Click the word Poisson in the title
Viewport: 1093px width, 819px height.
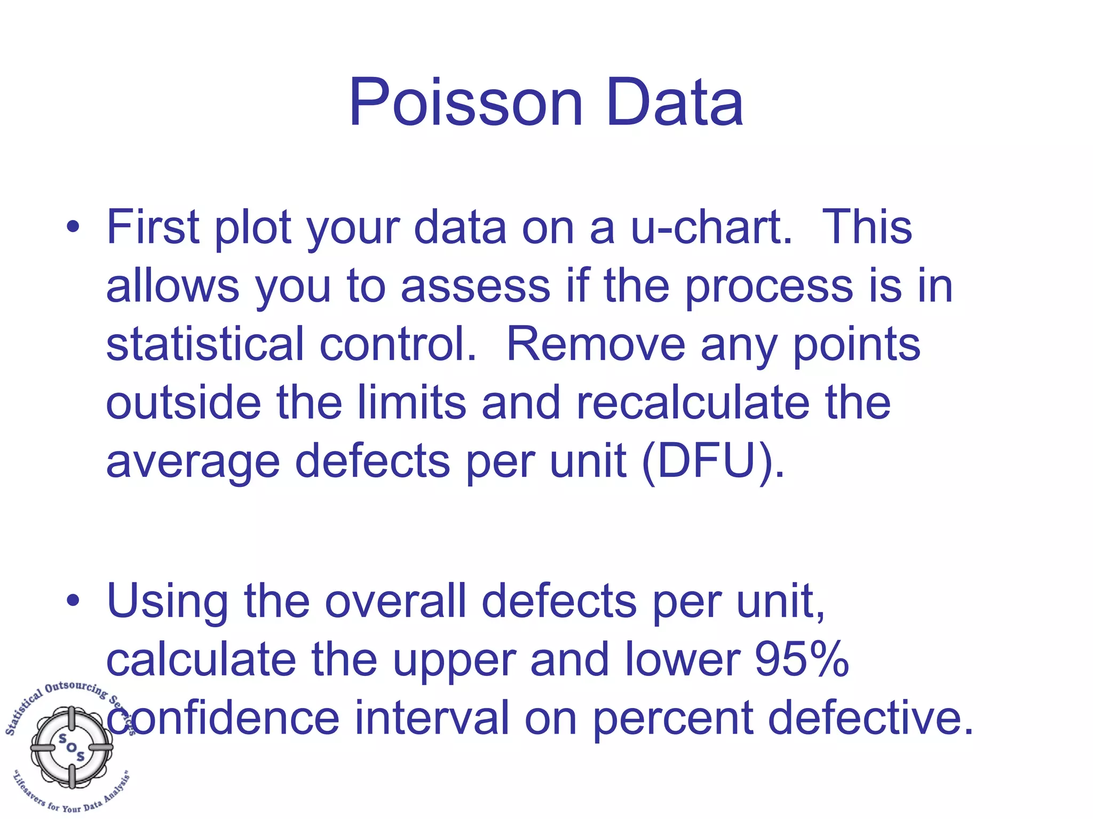pos(465,103)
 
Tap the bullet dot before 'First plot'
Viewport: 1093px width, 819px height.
pos(73,227)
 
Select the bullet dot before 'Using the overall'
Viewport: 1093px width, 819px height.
pos(73,601)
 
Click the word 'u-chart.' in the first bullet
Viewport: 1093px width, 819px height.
pos(711,227)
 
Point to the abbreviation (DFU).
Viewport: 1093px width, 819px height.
pos(714,461)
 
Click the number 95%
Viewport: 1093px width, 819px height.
pos(802,660)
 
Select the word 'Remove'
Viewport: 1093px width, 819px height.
pos(595,344)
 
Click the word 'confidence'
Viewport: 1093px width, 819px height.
pos(223,718)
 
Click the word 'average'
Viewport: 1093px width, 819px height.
pos(193,462)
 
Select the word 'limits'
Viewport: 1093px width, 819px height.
pos(411,403)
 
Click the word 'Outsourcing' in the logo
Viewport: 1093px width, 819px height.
pos(76,688)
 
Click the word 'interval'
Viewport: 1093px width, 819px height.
pos(432,718)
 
